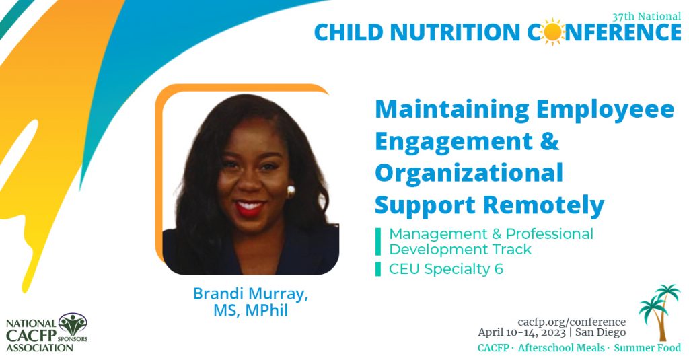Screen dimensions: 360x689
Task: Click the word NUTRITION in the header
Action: [x=454, y=32]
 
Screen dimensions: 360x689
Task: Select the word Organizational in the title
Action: [x=468, y=173]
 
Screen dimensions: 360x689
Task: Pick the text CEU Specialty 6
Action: [x=446, y=269]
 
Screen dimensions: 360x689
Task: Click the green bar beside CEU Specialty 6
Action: [x=378, y=269]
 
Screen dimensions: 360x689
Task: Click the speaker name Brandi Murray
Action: [x=250, y=294]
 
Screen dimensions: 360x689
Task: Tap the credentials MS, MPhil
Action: [x=250, y=312]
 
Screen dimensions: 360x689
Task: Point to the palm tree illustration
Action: [x=660, y=311]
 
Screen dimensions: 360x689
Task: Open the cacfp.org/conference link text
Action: [x=571, y=322]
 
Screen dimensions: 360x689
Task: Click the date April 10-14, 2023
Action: [x=521, y=332]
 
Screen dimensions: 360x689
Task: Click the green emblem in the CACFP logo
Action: [x=72, y=324]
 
